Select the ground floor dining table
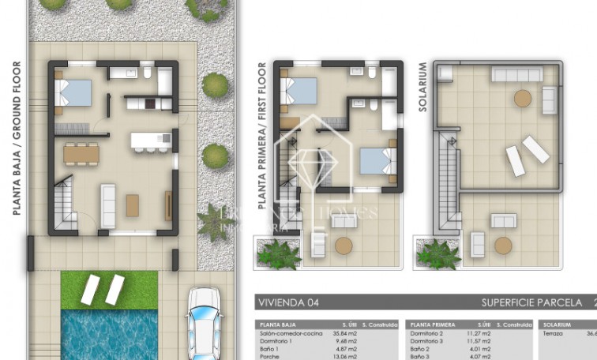coord(82,152)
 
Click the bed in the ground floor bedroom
coord(76,94)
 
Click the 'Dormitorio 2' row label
coord(427,333)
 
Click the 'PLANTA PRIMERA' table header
coord(433,324)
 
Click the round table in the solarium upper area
coord(523,99)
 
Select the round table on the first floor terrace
coord(344,245)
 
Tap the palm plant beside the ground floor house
coord(212,219)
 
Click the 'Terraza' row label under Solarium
coord(552,333)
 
